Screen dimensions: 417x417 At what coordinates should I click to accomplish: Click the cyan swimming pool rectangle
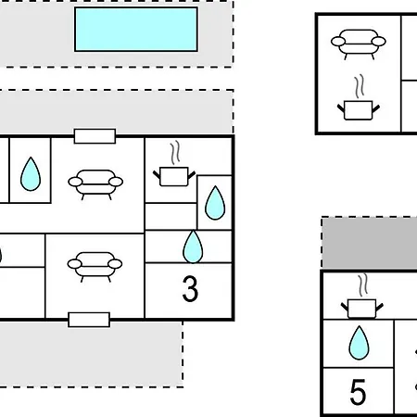coord(136,30)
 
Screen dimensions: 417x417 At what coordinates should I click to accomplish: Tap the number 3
coord(190,289)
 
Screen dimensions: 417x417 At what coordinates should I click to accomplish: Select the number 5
coord(358,392)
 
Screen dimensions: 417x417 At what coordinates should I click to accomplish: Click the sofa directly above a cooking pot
coord(359,44)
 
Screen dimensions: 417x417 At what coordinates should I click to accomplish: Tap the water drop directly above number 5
coord(359,343)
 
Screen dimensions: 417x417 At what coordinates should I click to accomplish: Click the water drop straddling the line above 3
coord(193,246)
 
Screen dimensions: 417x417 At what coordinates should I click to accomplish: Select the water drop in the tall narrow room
coord(31,174)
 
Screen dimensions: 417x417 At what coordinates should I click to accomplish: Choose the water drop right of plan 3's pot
coord(215,203)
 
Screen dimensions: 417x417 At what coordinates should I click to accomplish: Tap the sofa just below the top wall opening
coord(95,184)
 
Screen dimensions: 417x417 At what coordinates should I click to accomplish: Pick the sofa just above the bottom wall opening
coord(95,267)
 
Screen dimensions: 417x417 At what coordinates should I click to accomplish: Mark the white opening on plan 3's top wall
coord(95,136)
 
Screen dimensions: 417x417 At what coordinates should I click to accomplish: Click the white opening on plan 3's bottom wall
coord(89,320)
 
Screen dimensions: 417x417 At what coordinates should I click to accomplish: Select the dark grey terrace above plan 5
coord(370,243)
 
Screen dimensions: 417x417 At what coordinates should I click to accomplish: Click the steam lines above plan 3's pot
coord(175,153)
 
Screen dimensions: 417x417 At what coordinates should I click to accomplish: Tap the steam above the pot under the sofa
coord(360,86)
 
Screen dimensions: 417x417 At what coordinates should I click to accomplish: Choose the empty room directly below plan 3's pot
coord(171,216)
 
